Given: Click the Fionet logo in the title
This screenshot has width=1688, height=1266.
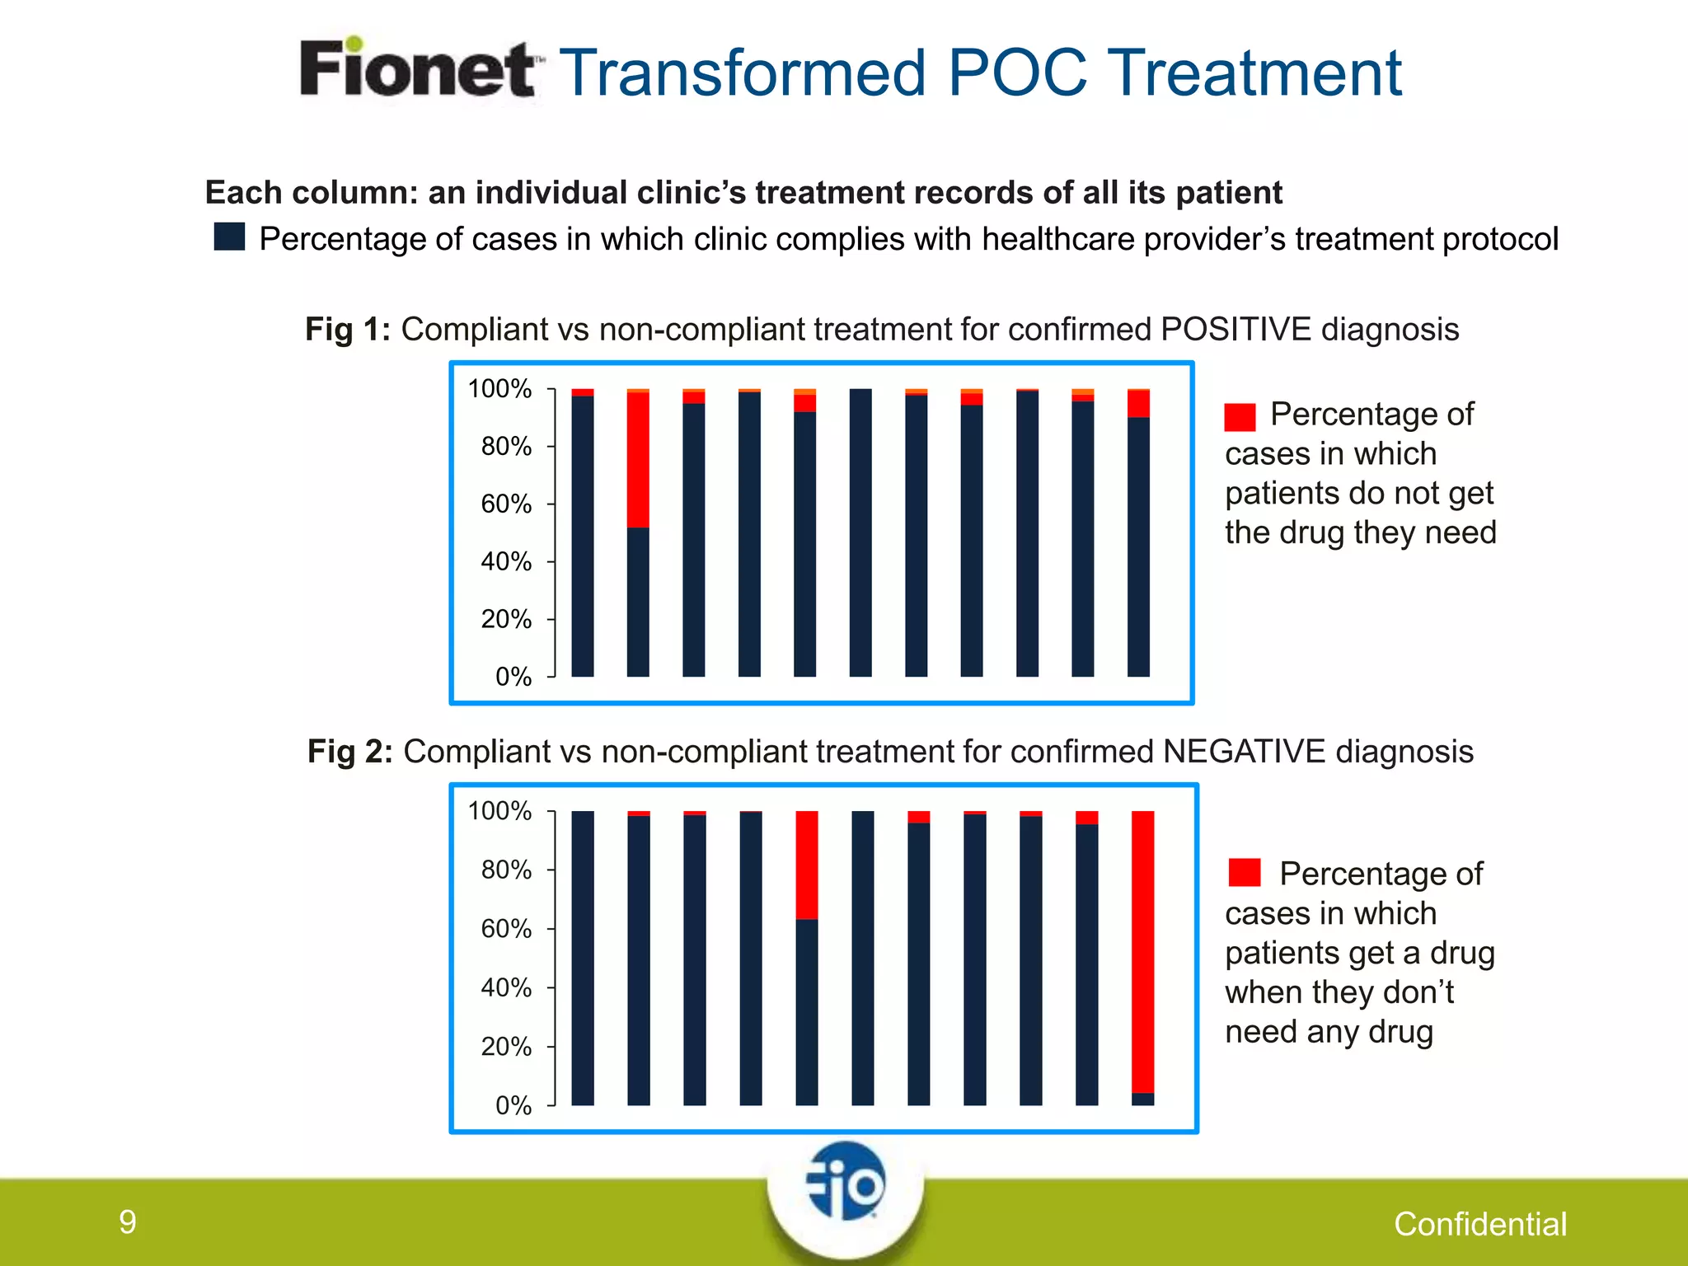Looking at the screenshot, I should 419,69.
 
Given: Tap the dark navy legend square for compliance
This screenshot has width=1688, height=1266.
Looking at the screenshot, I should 229,237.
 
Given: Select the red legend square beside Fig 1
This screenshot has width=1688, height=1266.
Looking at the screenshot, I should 1240,417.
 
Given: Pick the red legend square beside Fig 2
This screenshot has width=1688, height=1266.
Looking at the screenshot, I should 1244,873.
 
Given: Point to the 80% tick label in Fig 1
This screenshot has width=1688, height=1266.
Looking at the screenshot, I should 506,447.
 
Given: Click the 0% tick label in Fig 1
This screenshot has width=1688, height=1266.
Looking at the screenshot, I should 513,678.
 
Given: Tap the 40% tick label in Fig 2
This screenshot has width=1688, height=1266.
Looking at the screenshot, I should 506,987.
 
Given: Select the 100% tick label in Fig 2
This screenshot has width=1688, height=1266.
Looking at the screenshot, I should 499,812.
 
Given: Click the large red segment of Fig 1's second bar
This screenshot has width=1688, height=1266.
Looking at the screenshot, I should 638,459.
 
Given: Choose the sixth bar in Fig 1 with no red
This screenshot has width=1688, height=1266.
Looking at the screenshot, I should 860,532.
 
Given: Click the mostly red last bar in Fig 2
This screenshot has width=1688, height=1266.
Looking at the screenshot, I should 1142,952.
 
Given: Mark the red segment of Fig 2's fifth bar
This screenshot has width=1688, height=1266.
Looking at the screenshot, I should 807,865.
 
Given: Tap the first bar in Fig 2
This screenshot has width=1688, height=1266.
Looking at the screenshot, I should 583,958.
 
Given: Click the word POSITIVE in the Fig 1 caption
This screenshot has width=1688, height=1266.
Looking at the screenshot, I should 1236,330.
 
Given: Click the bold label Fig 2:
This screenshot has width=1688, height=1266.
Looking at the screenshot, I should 350,752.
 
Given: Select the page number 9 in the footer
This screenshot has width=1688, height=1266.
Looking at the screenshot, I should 127,1221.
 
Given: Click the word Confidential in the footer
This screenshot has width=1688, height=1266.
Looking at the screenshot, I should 1480,1225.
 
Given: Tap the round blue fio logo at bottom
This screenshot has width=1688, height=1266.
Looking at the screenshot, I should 846,1182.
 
